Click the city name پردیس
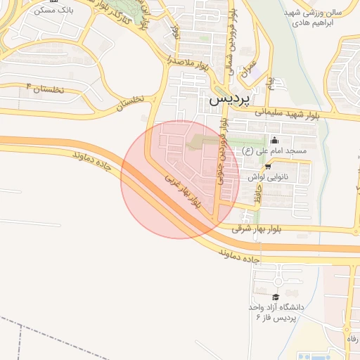click(x=230, y=99)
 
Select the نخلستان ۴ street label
click(x=44, y=89)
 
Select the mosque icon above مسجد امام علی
click(x=274, y=140)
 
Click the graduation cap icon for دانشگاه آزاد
click(x=275, y=297)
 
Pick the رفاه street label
click(x=351, y=339)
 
